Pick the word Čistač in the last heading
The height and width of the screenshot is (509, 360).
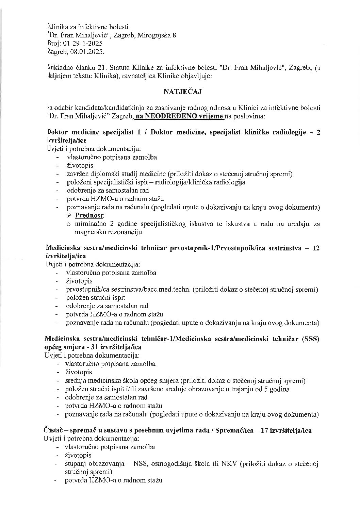coord(53,430)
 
